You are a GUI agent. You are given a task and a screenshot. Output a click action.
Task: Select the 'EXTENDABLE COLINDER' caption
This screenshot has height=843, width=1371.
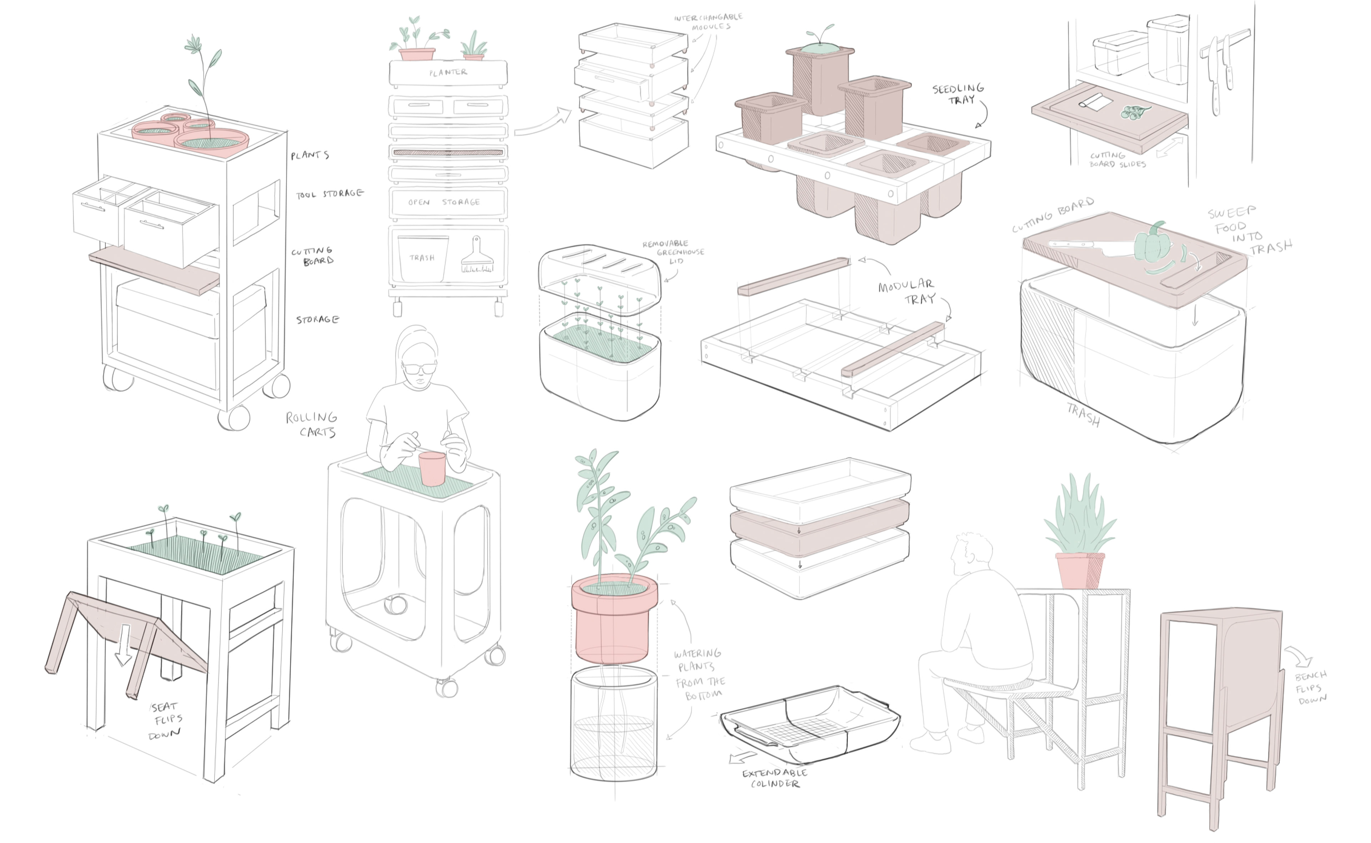pos(774,778)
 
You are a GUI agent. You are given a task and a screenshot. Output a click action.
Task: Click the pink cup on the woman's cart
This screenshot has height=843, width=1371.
pos(432,468)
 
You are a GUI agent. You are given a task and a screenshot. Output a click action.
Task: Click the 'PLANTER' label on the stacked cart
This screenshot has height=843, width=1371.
pos(448,72)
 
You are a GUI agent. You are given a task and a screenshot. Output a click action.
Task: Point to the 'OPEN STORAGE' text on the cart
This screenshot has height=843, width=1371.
pos(444,202)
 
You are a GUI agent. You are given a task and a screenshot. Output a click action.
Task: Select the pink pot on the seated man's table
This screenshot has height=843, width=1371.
pos(1080,570)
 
